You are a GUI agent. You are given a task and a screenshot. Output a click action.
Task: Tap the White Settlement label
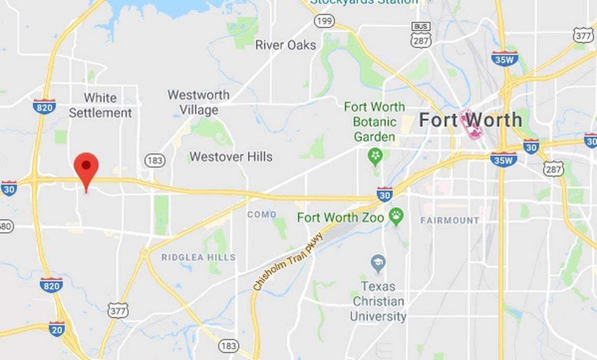100,105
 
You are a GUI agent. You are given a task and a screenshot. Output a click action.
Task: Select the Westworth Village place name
198,102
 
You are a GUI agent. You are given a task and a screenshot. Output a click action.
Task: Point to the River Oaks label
285,45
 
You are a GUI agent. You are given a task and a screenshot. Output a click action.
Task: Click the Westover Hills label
231,157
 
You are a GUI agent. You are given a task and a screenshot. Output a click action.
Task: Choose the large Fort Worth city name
470,120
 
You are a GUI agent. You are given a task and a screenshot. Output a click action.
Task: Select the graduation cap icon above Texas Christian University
378,264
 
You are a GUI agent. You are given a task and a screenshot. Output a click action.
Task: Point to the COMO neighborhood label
261,214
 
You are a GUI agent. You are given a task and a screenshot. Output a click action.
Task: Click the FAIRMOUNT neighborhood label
450,221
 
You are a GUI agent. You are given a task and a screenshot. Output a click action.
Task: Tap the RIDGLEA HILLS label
198,257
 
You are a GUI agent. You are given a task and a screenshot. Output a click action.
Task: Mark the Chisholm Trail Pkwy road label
288,261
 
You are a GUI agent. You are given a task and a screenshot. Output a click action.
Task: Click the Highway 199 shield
325,21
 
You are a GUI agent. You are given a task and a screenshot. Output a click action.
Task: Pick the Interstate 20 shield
57,329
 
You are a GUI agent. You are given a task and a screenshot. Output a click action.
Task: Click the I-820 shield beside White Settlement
44,106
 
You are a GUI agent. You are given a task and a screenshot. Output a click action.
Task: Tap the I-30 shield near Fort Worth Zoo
384,194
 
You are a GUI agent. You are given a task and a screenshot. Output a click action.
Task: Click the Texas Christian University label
378,301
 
